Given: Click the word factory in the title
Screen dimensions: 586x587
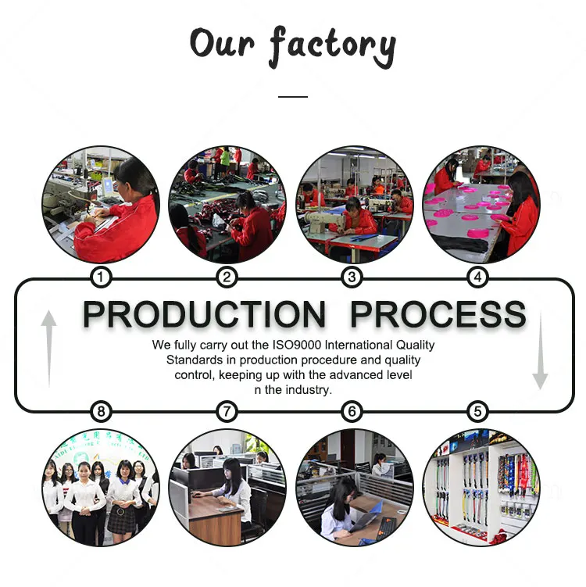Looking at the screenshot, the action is coord(333,46).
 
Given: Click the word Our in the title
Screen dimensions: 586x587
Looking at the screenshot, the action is coord(222,43).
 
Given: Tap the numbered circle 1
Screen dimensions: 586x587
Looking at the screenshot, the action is coord(100,277).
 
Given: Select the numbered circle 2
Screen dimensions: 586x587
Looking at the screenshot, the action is coord(227,277).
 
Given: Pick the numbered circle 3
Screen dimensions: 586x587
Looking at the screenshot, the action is coord(352,277).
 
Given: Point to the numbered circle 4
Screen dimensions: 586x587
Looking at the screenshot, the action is coord(478,277).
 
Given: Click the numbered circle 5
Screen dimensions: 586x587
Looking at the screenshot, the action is coord(478,411).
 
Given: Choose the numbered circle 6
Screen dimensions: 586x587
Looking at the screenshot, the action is coord(352,411).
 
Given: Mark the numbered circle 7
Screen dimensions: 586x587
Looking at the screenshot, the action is coord(227,411).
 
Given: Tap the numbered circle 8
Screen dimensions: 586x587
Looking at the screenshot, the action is coord(100,411).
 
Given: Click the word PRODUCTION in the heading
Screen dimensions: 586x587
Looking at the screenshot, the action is coord(204,315).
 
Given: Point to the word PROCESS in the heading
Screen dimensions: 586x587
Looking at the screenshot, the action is coord(438,315).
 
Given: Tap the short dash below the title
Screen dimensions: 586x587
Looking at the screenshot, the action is coord(293,96).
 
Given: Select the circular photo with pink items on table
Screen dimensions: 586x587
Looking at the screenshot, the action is coord(481,205).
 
